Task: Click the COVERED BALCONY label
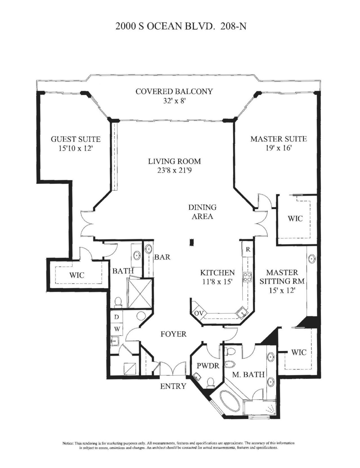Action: coord(174,92)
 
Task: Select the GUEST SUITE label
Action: coord(75,139)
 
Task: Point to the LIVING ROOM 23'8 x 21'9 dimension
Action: coord(174,171)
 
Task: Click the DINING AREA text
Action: coord(202,212)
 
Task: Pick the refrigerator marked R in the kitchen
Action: coord(248,249)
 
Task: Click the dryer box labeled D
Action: coord(116,317)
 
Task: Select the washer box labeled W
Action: coord(116,329)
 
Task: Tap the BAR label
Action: coord(162,257)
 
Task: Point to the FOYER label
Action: coord(174,334)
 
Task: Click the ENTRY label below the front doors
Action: coord(173,386)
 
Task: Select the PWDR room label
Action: coord(208,366)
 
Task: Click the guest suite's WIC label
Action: coord(76,275)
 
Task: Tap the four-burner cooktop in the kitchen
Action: coord(247,277)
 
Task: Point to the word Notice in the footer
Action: coord(68,443)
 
